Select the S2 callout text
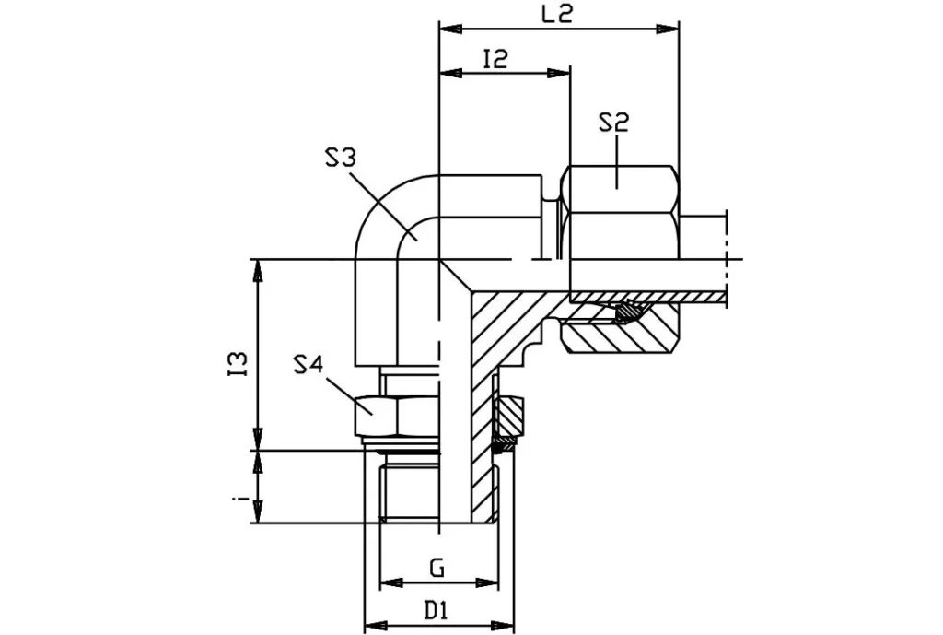point(613,123)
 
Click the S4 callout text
point(309,366)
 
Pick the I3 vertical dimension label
point(239,362)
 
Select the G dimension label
point(438,569)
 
